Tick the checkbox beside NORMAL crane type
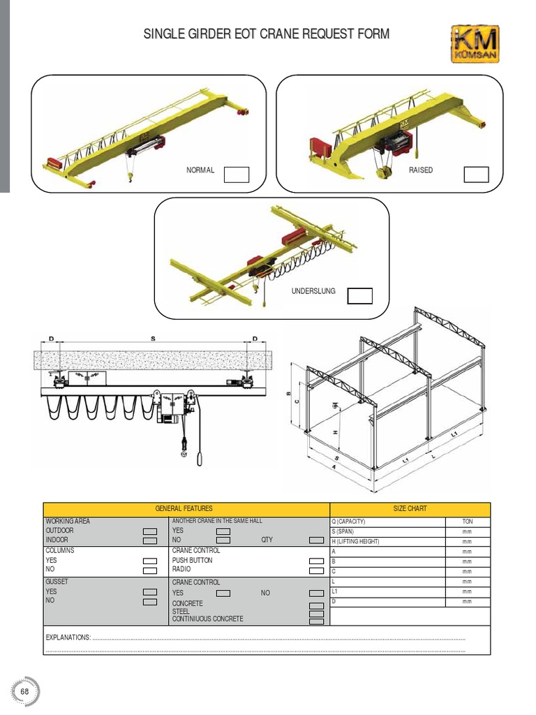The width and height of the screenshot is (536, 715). pyautogui.click(x=237, y=175)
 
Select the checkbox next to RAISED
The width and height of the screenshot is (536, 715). pyautogui.click(x=477, y=175)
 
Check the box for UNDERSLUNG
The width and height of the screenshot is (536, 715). pyautogui.click(x=360, y=296)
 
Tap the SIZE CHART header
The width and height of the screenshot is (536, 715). pyautogui.click(x=410, y=509)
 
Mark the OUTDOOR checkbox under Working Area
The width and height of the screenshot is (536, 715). pyautogui.click(x=150, y=531)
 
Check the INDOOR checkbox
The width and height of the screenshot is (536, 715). pyautogui.click(x=150, y=540)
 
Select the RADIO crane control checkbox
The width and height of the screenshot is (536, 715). pyautogui.click(x=316, y=570)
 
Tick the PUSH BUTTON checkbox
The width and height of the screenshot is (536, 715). pyautogui.click(x=316, y=561)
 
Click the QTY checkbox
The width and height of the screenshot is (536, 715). pyautogui.click(x=316, y=540)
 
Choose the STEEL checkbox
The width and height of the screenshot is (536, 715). pyautogui.click(x=316, y=612)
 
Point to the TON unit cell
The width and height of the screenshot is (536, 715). pyautogui.click(x=467, y=522)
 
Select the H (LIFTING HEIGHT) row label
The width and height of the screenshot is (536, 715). pyautogui.click(x=355, y=541)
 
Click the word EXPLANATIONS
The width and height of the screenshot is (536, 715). pyautogui.click(x=68, y=637)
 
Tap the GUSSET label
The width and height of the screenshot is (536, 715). pyautogui.click(x=57, y=582)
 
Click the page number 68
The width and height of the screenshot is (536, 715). pyautogui.click(x=25, y=691)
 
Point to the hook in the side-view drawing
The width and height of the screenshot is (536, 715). pyautogui.click(x=184, y=454)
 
